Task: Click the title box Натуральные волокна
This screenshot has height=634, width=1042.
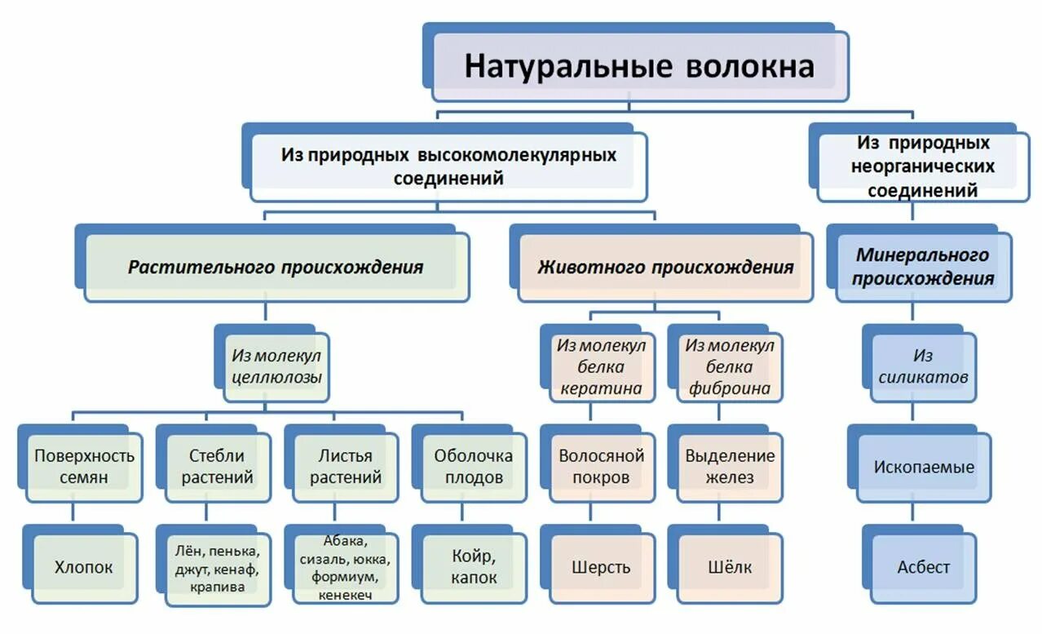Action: (x=639, y=66)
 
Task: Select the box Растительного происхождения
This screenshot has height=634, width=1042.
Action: (x=276, y=267)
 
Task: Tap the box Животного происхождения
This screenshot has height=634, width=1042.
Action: (x=664, y=267)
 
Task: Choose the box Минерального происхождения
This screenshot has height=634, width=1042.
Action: (x=923, y=267)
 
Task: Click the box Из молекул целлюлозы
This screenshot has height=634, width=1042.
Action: (x=276, y=366)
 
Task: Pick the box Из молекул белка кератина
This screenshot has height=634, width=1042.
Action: (x=601, y=366)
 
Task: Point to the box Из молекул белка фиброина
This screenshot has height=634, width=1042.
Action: (x=729, y=366)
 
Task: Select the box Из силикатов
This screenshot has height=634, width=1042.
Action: (x=923, y=366)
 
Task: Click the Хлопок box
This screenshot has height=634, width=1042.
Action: (x=83, y=566)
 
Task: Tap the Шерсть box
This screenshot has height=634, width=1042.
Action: (x=601, y=566)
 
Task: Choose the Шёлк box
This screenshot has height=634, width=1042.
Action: (x=729, y=566)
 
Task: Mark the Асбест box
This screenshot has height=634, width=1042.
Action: (x=923, y=566)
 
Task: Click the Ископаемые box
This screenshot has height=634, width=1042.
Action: (x=923, y=468)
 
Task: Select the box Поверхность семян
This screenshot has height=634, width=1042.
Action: (x=83, y=467)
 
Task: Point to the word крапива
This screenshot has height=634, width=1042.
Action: (x=217, y=587)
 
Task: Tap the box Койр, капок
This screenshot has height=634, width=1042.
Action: (x=473, y=566)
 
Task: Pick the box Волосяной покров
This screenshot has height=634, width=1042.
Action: (x=601, y=467)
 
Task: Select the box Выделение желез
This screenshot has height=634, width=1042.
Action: (x=729, y=467)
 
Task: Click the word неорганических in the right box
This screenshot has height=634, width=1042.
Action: (x=923, y=166)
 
